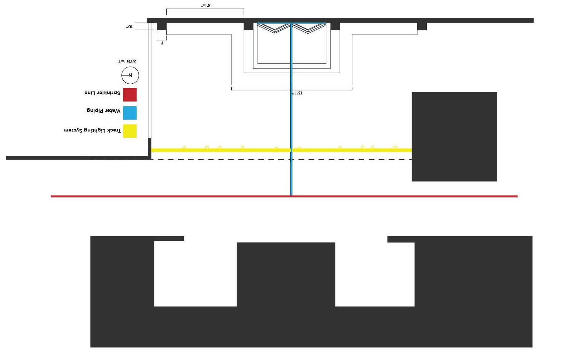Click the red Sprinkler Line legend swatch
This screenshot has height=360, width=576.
pyautogui.click(x=130, y=95)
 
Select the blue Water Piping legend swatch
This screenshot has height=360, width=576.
pyautogui.click(x=130, y=113)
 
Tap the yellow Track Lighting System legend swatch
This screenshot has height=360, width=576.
pyautogui.click(x=130, y=131)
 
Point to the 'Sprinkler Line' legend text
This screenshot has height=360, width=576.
pyautogui.click(x=102, y=93)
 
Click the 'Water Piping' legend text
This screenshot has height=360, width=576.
pyautogui.click(x=104, y=111)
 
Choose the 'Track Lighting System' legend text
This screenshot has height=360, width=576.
pyautogui.click(x=92, y=130)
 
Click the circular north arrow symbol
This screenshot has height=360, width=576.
pyautogui.click(x=130, y=76)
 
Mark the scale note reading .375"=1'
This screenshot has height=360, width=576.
pyautogui.click(x=128, y=61)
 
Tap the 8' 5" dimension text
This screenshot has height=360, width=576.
pyautogui.click(x=206, y=6)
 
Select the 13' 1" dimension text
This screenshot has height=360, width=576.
pyautogui.click(x=297, y=93)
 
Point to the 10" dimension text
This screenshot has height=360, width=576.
pyautogui.click(x=129, y=27)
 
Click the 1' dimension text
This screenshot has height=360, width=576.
pyautogui.click(x=162, y=43)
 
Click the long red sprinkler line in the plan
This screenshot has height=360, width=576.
pyautogui.click(x=370, y=196)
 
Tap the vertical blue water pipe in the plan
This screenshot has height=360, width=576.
pyautogui.click(x=291, y=111)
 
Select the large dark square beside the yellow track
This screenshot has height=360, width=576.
pyautogui.click(x=454, y=137)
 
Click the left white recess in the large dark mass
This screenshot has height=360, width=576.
pyautogui.click(x=195, y=274)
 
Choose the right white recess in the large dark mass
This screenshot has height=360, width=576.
pyautogui.click(x=375, y=274)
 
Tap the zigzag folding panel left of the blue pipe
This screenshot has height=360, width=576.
pyautogui.click(x=274, y=28)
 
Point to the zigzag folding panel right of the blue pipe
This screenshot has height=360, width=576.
pyautogui.click(x=309, y=28)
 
